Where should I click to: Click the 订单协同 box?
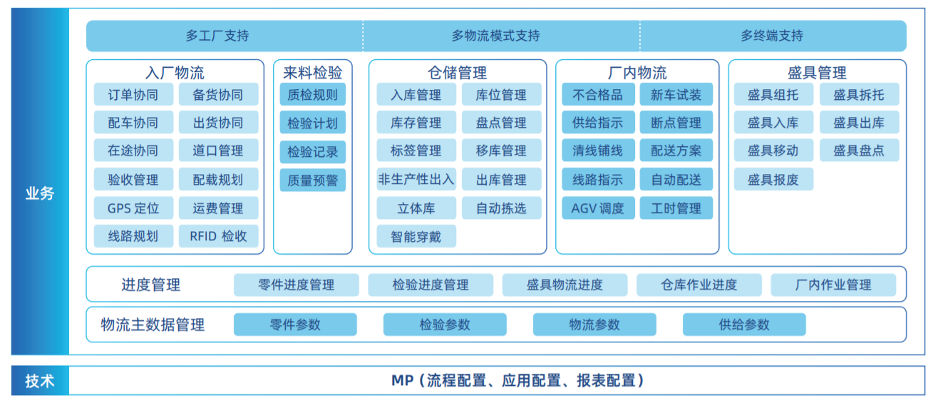coord(133,95)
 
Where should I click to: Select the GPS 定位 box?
coord(133,208)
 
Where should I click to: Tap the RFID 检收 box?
coord(218,236)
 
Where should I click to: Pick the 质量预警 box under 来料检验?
coord(313,180)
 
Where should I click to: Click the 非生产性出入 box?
coord(416,179)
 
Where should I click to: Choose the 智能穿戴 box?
coord(416,236)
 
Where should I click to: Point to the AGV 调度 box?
coord(598,208)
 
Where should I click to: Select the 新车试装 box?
coord(676,95)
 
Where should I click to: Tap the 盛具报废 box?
coord(773,179)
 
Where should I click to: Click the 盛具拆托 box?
coord(860,95)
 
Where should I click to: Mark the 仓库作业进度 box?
coord(699,285)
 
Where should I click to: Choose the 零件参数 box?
coord(295,325)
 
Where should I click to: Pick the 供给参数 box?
coord(744,325)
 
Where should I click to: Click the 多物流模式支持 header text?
coord(495,36)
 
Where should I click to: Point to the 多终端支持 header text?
coord(772,36)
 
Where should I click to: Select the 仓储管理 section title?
coord(458,73)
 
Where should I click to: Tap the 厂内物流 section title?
coord(637,73)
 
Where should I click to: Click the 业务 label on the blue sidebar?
coord(40,193)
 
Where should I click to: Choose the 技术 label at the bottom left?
coord(40,381)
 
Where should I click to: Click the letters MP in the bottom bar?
coord(402,380)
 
